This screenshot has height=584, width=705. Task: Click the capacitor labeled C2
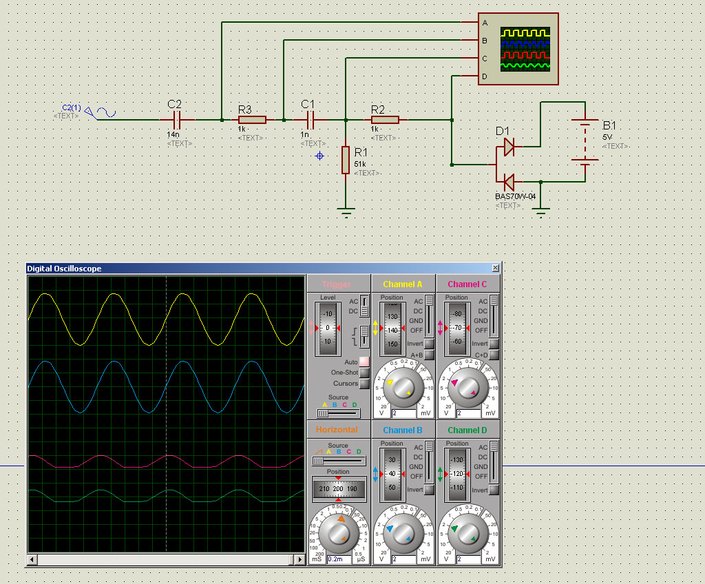pyautogui.click(x=176, y=120)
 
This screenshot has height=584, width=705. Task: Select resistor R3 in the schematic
pyautogui.click(x=252, y=120)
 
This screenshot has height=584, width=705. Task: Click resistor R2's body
pyautogui.click(x=385, y=120)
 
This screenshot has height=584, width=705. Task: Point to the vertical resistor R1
pyautogui.click(x=346, y=160)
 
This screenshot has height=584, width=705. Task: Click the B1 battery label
pyautogui.click(x=609, y=125)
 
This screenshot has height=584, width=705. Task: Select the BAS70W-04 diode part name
pyautogui.click(x=515, y=196)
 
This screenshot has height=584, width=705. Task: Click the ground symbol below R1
pyautogui.click(x=346, y=211)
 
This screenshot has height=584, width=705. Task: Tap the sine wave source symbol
pyautogui.click(x=106, y=112)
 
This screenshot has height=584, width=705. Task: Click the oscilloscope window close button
pyautogui.click(x=495, y=269)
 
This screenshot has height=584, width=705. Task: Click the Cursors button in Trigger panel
pyautogui.click(x=364, y=384)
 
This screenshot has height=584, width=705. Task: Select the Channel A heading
pyautogui.click(x=403, y=284)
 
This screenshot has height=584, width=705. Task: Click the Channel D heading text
pyautogui.click(x=467, y=430)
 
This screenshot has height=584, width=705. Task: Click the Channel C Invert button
pyautogui.click(x=494, y=343)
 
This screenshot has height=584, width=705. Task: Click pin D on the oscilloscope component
pyautogui.click(x=485, y=76)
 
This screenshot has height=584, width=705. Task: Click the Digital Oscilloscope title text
pyautogui.click(x=64, y=269)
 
